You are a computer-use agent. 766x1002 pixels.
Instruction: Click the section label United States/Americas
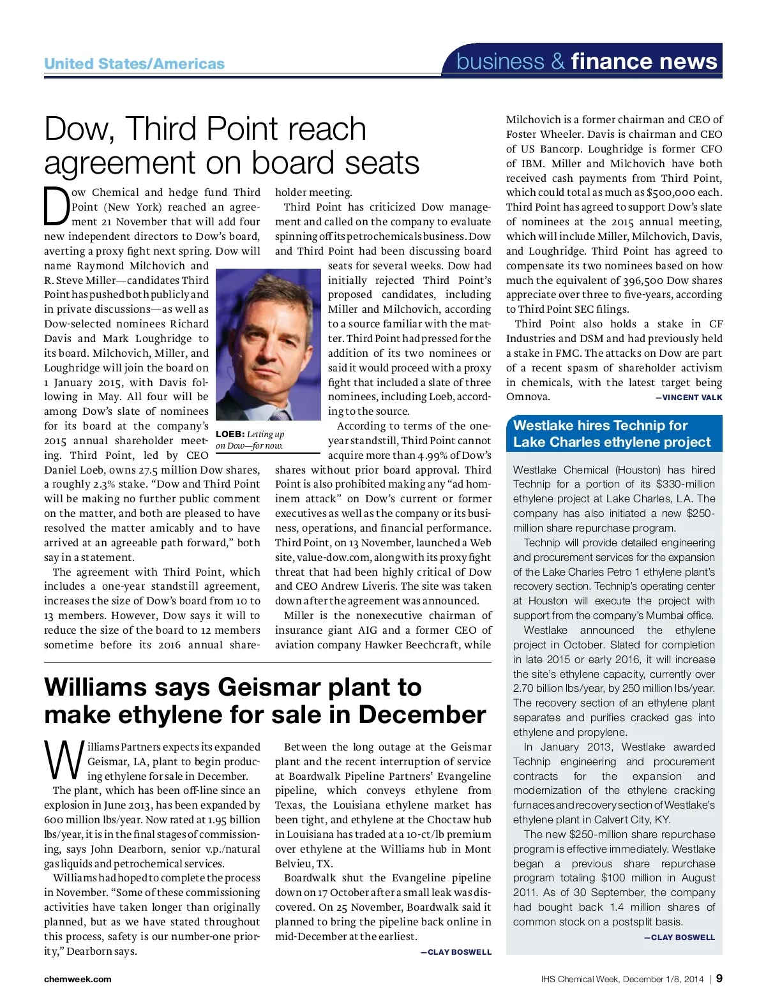(x=134, y=64)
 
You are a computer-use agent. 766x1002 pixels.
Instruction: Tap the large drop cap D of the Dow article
(x=56, y=207)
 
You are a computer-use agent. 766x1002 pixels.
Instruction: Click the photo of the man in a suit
(x=268, y=344)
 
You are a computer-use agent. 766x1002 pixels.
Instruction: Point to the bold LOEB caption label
(x=230, y=435)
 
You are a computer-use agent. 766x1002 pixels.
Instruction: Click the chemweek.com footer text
(x=77, y=979)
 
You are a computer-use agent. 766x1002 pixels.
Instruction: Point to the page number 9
(x=719, y=978)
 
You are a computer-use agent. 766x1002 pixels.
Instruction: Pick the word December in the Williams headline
(x=422, y=715)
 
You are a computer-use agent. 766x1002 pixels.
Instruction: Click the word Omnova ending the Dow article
(x=527, y=397)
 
